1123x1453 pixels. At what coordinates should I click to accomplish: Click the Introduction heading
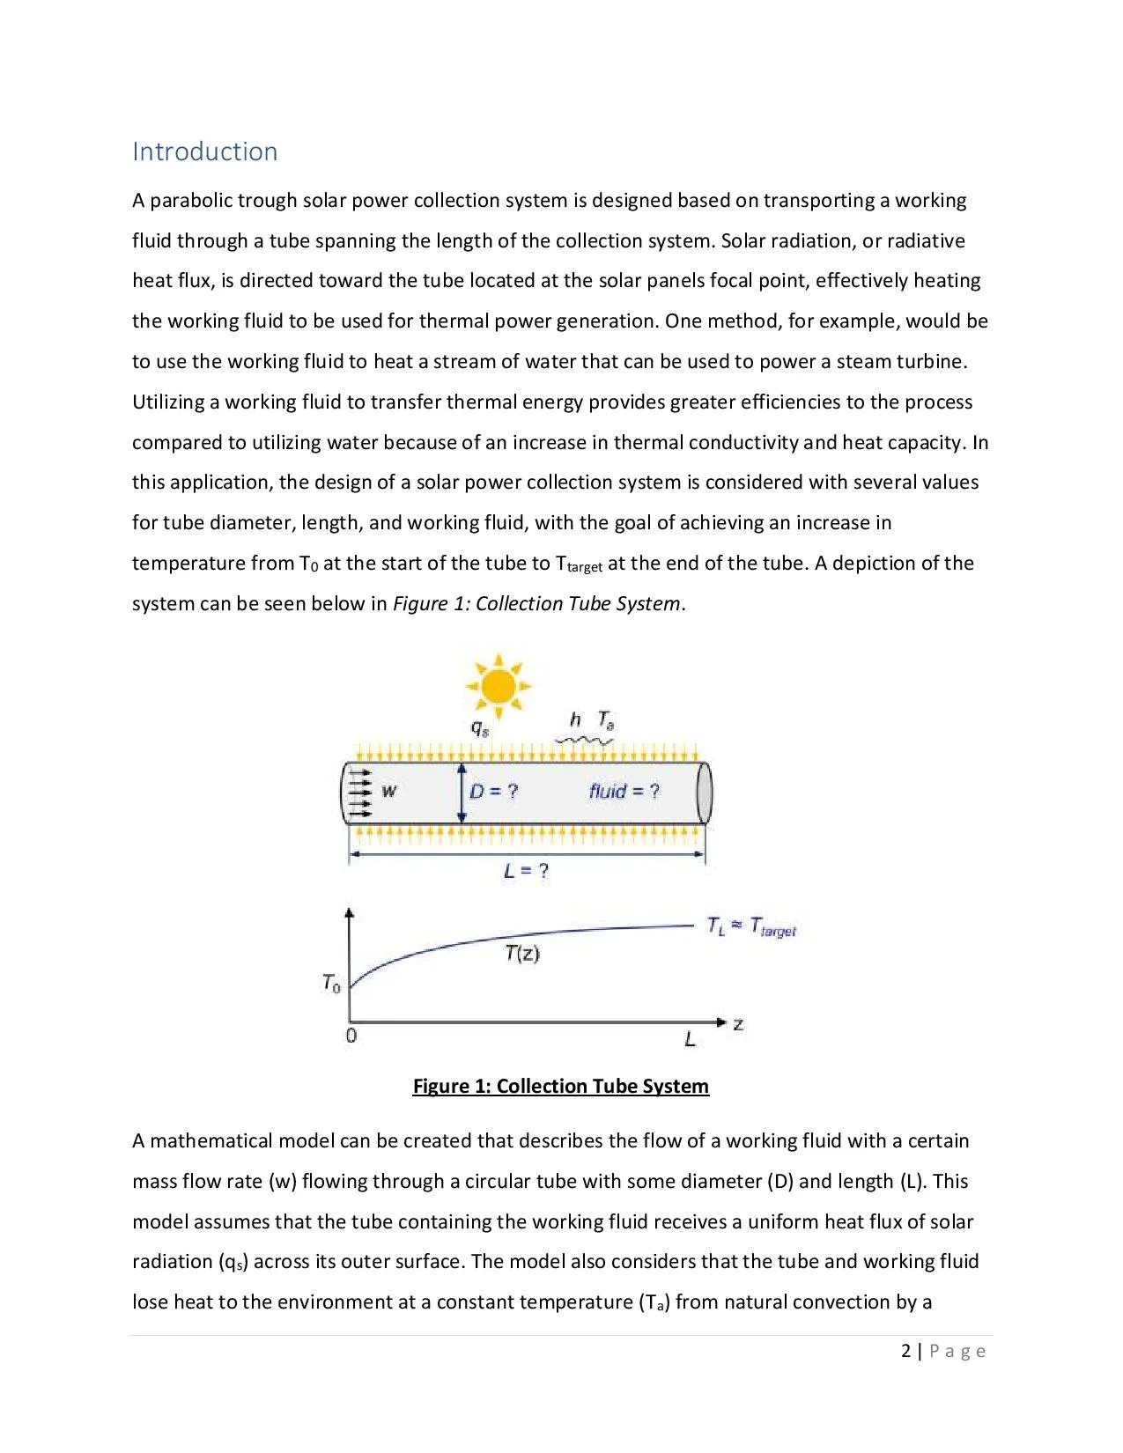coord(204,151)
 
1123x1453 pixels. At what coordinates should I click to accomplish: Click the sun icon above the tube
coord(499,685)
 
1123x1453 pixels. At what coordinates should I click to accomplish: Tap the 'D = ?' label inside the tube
coord(493,792)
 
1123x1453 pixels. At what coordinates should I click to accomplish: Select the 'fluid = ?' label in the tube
coord(624,792)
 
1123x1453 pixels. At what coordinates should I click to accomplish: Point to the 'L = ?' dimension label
coord(527,872)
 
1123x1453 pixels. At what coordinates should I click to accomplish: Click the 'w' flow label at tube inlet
coord(388,791)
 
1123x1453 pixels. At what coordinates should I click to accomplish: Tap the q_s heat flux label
coord(479,728)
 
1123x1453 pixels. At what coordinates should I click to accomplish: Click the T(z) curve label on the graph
coord(522,953)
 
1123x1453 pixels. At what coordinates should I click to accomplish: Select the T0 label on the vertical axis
coord(331,983)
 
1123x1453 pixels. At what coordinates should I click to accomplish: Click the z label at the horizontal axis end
coord(738,1024)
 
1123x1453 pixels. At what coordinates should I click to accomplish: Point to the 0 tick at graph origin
coord(351,1036)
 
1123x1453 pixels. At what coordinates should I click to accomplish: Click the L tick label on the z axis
coord(690,1040)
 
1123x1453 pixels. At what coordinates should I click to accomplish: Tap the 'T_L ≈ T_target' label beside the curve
coord(751,927)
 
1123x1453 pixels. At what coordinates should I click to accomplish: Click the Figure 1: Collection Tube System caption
coord(560,1086)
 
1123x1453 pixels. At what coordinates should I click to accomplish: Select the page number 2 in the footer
coord(906,1351)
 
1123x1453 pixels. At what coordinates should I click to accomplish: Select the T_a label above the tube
coord(606,720)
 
